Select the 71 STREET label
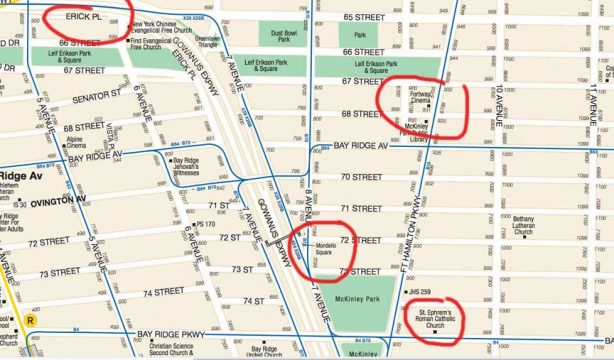361,208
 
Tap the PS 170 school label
207,224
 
